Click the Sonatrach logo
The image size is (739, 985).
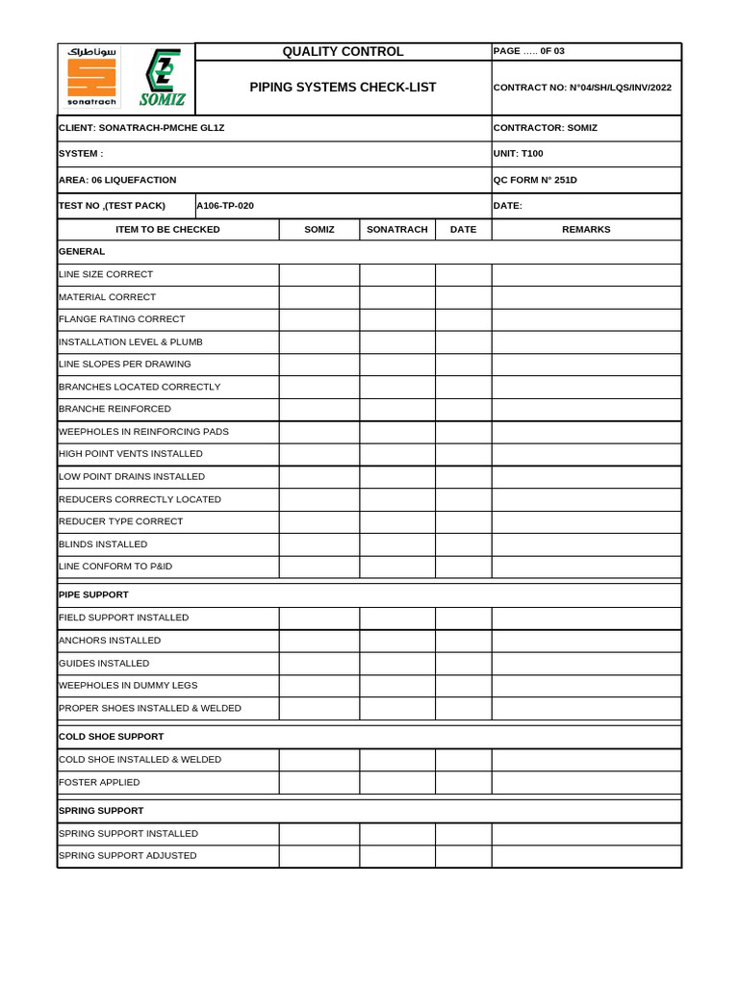(91, 78)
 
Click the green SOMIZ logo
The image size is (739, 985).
(161, 78)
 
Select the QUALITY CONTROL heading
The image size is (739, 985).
(343, 52)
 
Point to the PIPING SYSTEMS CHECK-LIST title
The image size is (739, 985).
(343, 88)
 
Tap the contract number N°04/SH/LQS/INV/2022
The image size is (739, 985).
(582, 88)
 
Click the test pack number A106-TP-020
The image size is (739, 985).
(225, 205)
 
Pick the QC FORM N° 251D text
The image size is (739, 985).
(535, 180)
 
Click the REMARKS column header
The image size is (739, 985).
(586, 229)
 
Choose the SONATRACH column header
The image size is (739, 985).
(397, 229)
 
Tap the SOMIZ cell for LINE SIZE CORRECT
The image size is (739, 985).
(319, 274)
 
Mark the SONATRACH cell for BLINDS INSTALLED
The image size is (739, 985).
(397, 544)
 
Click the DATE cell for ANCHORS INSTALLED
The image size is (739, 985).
(463, 641)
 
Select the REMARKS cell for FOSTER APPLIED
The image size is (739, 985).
(586, 782)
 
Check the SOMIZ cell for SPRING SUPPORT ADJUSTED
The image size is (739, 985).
(319, 855)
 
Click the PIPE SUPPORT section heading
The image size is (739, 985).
(93, 594)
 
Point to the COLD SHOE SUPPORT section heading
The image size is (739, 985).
(111, 736)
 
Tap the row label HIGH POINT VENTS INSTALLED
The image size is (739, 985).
(131, 453)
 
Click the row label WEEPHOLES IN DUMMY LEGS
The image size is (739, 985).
(128, 685)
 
